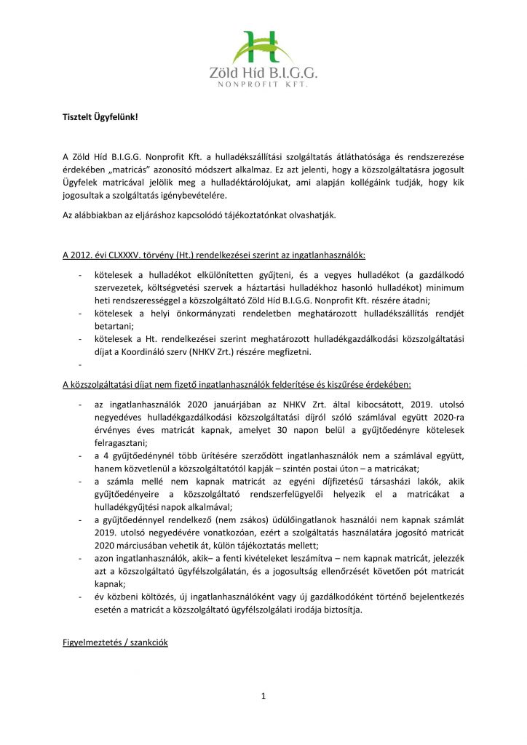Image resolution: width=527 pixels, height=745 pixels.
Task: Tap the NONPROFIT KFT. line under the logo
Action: (x=263, y=85)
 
